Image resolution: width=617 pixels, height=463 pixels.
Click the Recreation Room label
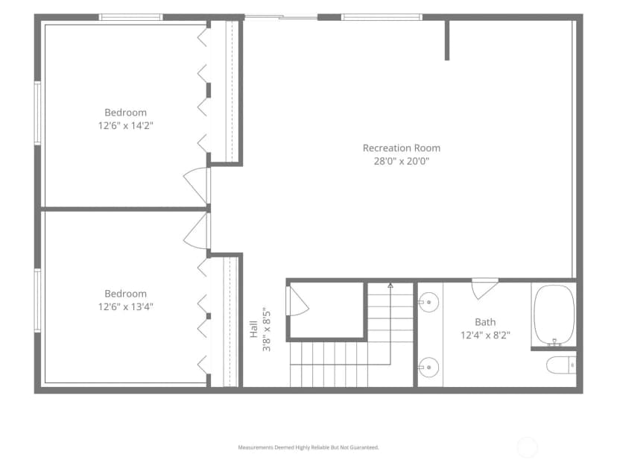tap(402, 148)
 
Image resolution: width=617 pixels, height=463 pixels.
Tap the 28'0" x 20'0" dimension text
tap(402, 161)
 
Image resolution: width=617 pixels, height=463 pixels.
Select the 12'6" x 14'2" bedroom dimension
tap(125, 125)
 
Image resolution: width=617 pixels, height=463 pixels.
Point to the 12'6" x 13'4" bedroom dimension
tap(125, 306)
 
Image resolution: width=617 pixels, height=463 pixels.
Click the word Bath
tap(485, 322)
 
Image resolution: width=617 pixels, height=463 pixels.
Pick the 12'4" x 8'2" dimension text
tap(485, 336)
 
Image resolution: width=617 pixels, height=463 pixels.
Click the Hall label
tap(254, 329)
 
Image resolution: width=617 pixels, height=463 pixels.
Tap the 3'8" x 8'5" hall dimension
tap(267, 329)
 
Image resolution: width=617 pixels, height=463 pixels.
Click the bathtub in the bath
tap(554, 315)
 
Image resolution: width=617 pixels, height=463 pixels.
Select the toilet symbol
tap(561, 365)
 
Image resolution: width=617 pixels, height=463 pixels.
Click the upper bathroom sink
tap(428, 302)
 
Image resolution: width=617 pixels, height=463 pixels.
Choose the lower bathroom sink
tap(428, 368)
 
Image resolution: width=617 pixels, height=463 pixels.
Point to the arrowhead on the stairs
tap(390, 285)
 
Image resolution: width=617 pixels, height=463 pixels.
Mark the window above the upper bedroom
tap(130, 17)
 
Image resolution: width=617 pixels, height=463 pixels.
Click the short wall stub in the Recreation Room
tap(447, 40)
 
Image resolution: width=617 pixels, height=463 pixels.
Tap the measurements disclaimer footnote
tap(308, 447)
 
